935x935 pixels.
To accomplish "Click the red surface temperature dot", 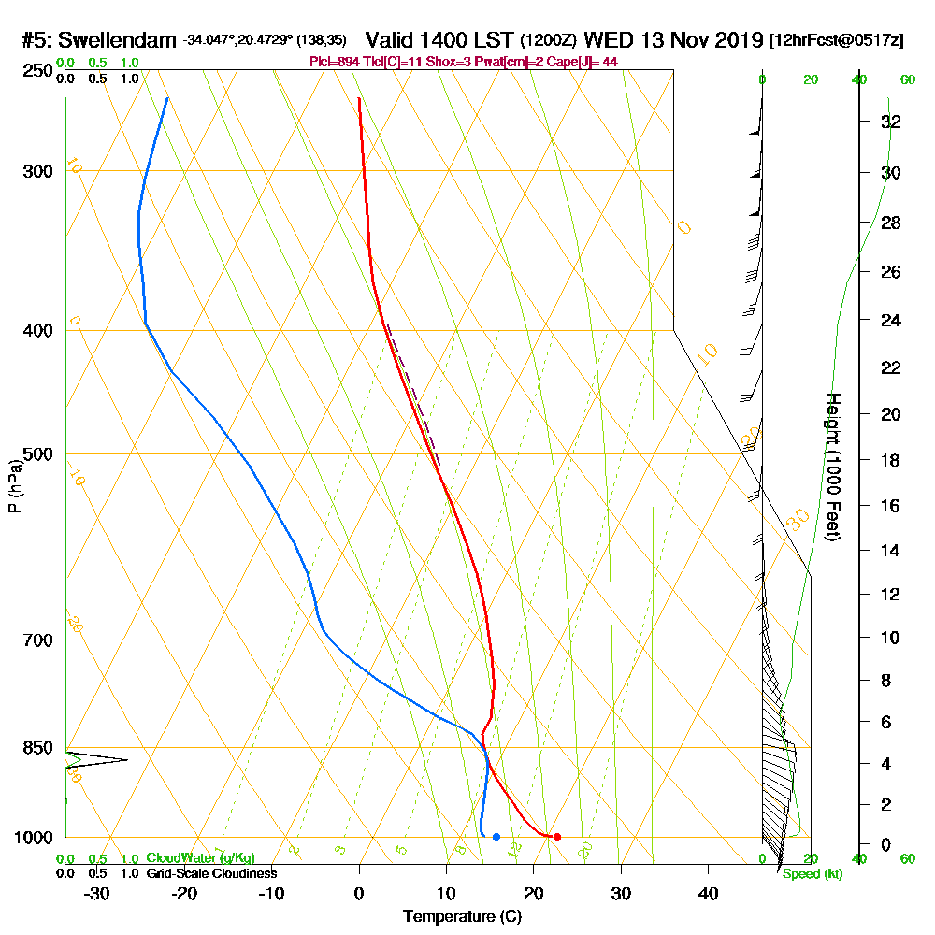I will pos(556,837).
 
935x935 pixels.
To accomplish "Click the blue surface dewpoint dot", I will pos(496,836).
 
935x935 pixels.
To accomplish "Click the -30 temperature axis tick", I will pos(97,893).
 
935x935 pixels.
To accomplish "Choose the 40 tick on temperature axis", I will pos(708,893).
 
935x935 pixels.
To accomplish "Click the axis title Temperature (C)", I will pos(462,916).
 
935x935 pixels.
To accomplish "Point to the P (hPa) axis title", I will pos(14,486).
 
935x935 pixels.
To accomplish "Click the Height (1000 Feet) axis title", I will pos(831,467).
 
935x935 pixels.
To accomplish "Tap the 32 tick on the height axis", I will pos(891,122).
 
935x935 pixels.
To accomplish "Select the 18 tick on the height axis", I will pos(891,460).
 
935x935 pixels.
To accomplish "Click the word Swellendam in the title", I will pos(117,40).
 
